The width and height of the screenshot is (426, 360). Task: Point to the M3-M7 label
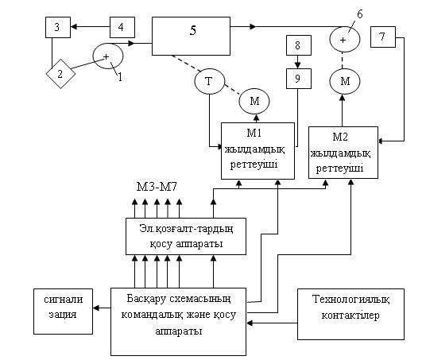157,187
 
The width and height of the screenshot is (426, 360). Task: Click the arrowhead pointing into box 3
74,27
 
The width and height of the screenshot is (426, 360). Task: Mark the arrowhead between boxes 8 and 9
298,65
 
